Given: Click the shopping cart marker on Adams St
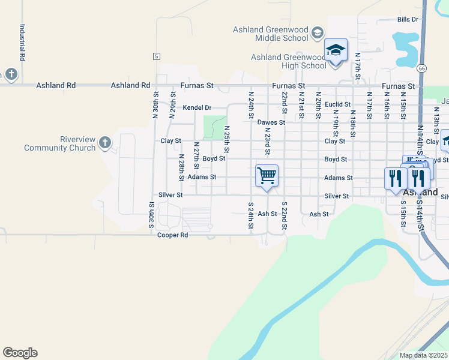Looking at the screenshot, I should pos(267,176).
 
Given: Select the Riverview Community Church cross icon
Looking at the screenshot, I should pos(105,142).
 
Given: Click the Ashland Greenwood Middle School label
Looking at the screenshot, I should pos(271,34).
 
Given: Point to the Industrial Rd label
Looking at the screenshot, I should pos(22,43).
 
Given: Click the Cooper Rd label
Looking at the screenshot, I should pos(173,235).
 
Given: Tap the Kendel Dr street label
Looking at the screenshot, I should pos(197,108).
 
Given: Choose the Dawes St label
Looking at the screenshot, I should pos(270,122).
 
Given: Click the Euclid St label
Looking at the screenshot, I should pos(337,104).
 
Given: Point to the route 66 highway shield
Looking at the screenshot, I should pos(423,68).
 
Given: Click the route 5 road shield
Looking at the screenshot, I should pos(157,56).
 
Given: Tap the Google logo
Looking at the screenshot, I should pos(20,353).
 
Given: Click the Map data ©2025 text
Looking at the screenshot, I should pos(423,355).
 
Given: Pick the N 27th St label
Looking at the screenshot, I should pos(196,155).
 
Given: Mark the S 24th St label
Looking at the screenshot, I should pos(250,215).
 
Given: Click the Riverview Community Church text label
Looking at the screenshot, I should pos(60,143).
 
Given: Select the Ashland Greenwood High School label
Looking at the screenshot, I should pos(289,61).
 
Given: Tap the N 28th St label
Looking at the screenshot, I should pos(181,167).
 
